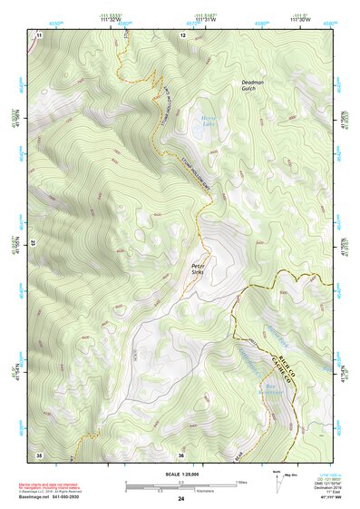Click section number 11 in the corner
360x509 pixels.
coord(39,34)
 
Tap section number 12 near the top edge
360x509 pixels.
coord(183,34)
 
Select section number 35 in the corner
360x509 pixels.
coord(39,453)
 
